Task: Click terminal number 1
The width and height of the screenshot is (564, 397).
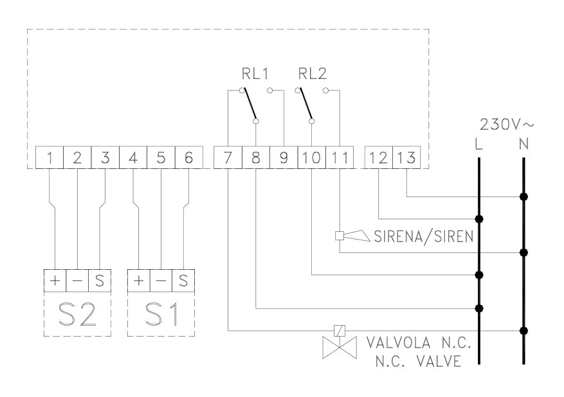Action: pyautogui.click(x=50, y=158)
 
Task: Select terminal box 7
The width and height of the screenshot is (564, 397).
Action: pyautogui.click(x=228, y=158)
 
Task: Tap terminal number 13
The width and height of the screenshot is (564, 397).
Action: pyautogui.click(x=406, y=158)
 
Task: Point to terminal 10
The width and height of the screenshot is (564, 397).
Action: pyautogui.click(x=312, y=158)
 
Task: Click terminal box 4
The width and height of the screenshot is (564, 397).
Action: pyautogui.click(x=133, y=158)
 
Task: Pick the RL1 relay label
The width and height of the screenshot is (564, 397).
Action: pyautogui.click(x=255, y=74)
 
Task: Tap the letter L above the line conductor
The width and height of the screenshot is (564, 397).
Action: pyautogui.click(x=478, y=145)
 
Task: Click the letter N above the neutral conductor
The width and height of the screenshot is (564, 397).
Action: pyautogui.click(x=523, y=145)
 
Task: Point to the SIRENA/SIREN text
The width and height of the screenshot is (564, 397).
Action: pyautogui.click(x=423, y=236)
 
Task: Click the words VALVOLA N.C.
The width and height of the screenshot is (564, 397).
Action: pyautogui.click(x=419, y=342)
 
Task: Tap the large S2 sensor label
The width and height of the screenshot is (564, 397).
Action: pyautogui.click(x=77, y=314)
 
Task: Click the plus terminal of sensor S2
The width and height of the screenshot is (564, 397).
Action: pyautogui.click(x=55, y=281)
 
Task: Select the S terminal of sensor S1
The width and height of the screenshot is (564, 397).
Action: pyautogui.click(x=183, y=281)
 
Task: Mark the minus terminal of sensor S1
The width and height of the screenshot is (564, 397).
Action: pyautogui.click(x=161, y=281)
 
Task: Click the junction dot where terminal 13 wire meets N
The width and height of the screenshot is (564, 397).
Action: pyautogui.click(x=524, y=196)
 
